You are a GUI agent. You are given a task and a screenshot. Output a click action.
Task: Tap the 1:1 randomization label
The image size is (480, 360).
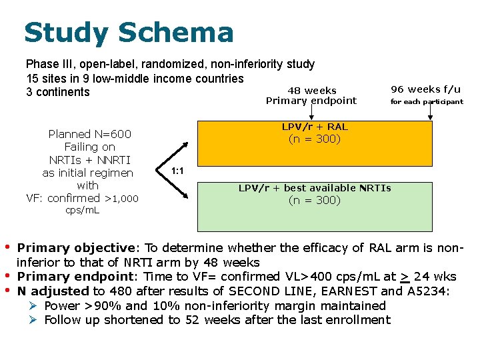coord(177,171)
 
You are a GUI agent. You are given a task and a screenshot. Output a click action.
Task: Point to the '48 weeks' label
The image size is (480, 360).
coord(311,91)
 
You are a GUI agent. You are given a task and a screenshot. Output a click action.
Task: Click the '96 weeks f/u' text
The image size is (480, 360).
coord(425,89)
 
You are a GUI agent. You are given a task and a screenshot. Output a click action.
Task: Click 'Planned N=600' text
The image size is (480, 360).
coord(89,134)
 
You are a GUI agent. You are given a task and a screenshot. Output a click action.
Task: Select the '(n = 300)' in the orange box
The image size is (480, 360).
coord(314,139)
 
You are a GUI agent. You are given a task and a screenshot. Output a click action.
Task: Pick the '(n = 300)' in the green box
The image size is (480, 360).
coord(314,200)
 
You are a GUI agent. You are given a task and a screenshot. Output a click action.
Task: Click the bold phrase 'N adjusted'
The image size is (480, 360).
coord(53,291)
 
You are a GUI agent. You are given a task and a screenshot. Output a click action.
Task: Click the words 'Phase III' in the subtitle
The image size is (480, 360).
coord(48,65)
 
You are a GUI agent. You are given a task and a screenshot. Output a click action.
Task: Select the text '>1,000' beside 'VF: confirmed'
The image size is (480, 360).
coord(122,198)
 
